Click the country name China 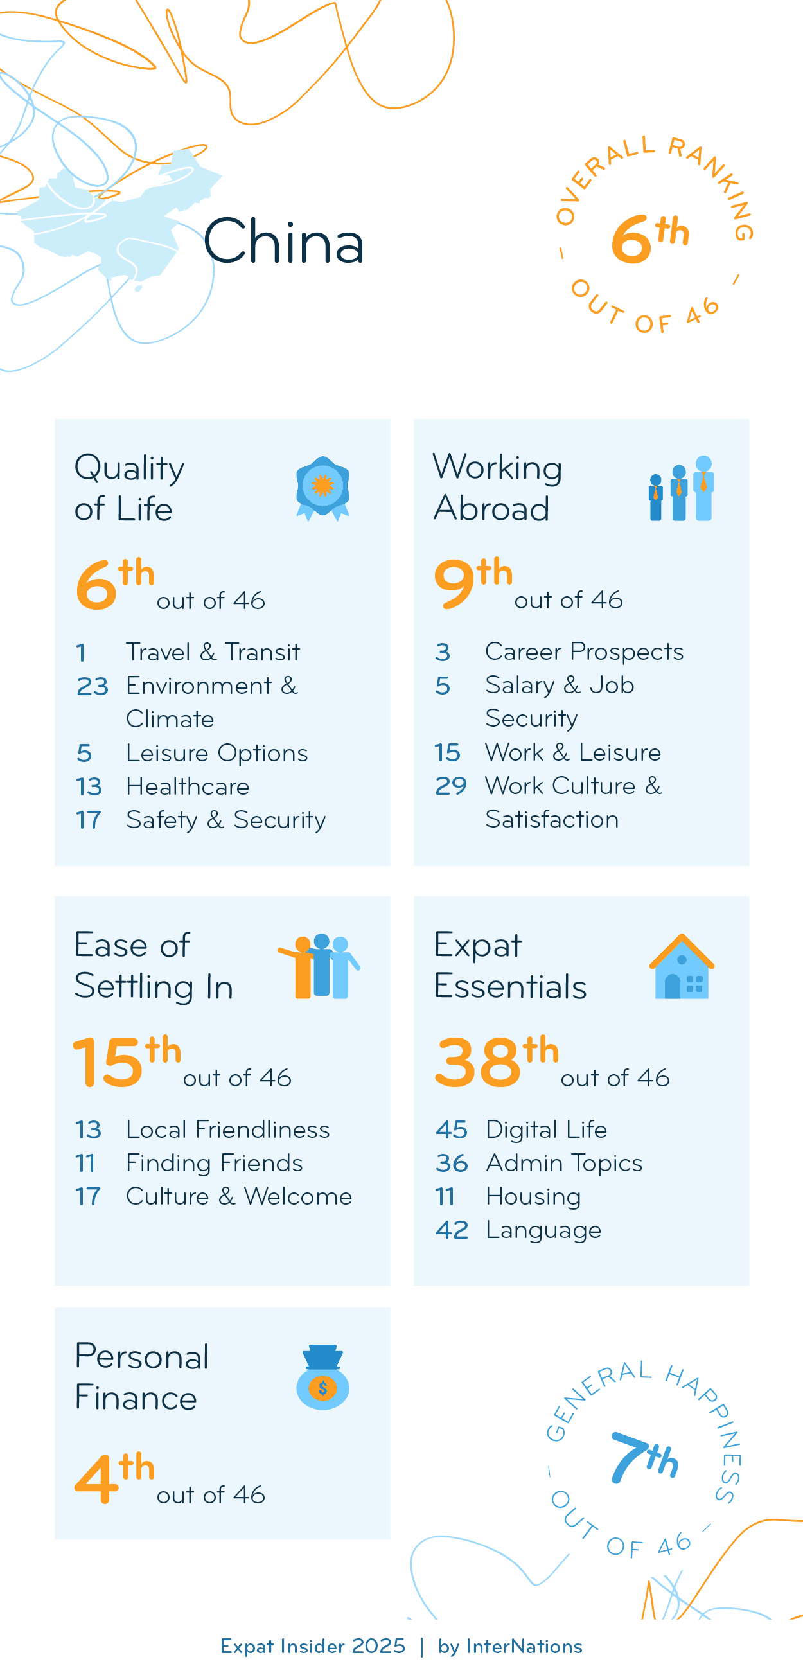click(284, 241)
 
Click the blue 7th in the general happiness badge click(644, 1457)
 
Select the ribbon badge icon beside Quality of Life click(322, 488)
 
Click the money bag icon click(322, 1376)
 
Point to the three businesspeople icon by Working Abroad click(681, 488)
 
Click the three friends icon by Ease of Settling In click(319, 966)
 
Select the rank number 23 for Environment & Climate click(92, 686)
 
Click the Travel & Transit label click(212, 652)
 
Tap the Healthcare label click(188, 786)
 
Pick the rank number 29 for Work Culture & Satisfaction click(450, 786)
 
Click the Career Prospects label click(583, 651)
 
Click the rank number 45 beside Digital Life click(451, 1129)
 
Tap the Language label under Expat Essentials click(543, 1230)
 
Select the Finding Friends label click(214, 1163)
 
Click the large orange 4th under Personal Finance click(114, 1477)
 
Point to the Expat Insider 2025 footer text click(312, 1646)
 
